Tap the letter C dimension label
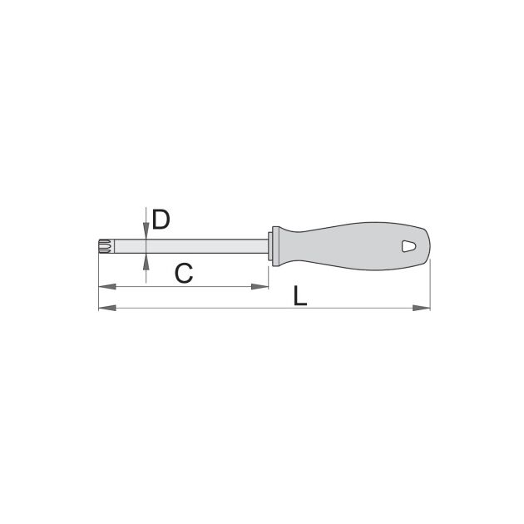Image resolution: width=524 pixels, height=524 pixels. pos(185,272)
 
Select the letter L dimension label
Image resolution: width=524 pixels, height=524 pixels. pos(299,295)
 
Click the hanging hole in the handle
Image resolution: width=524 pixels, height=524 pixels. pos(409,246)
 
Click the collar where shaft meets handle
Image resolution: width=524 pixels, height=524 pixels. pos(271,246)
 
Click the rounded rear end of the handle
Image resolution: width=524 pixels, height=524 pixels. pos(428,246)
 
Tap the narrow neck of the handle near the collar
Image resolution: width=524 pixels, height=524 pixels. pos(287,246)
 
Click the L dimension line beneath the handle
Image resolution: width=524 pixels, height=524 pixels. pos(358,309)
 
